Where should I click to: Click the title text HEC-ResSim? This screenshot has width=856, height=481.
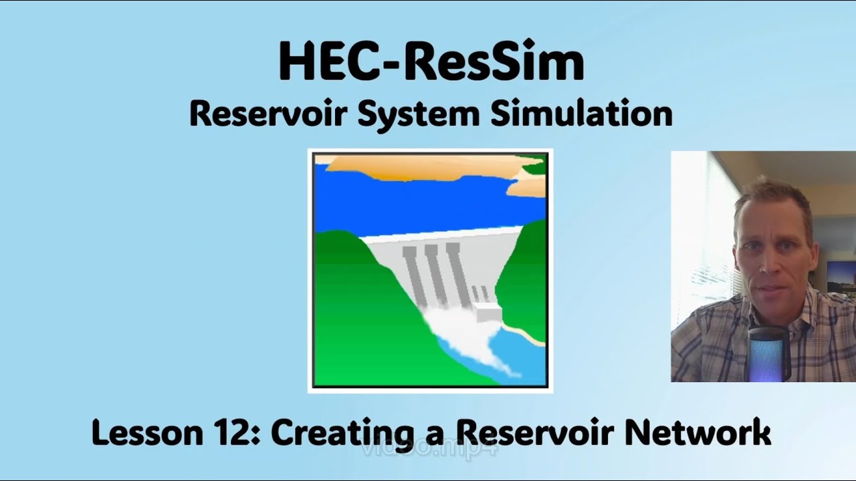coord(431,62)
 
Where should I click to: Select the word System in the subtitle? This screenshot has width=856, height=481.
coord(418,114)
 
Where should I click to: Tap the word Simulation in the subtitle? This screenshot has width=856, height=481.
coord(582,114)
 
